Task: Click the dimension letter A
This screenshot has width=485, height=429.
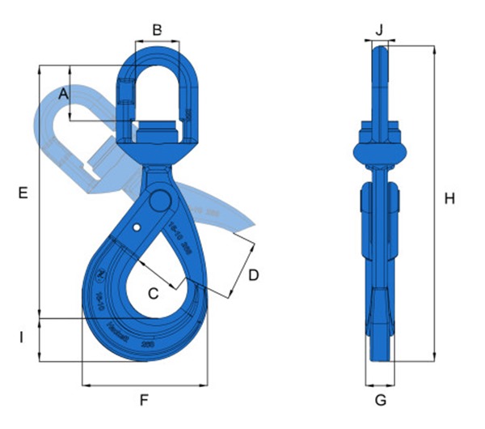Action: pyautogui.click(x=65, y=95)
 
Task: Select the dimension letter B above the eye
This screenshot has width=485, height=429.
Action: pyautogui.click(x=158, y=30)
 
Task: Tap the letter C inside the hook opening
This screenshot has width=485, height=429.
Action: pyautogui.click(x=153, y=293)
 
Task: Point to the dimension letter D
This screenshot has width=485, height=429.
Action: pyautogui.click(x=253, y=275)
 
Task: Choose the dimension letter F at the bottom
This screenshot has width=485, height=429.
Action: pyautogui.click(x=145, y=400)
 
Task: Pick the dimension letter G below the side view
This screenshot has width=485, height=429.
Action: pyautogui.click(x=381, y=400)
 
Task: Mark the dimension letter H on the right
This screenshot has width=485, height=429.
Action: pyautogui.click(x=450, y=198)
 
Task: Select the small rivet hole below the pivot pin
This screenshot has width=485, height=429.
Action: pyautogui.click(x=140, y=226)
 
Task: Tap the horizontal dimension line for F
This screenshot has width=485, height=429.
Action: pyautogui.click(x=145, y=384)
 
